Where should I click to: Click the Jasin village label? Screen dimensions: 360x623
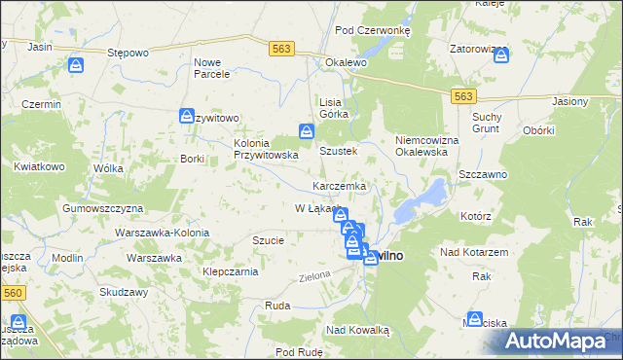(x=40, y=46)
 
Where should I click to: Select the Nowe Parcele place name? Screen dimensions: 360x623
(x=211, y=67)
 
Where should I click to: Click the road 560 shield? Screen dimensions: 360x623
(x=11, y=291)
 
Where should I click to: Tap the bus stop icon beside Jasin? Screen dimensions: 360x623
(x=76, y=65)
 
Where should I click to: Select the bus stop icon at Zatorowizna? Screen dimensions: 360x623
(x=500, y=54)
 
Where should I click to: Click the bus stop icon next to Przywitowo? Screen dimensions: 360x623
(x=186, y=117)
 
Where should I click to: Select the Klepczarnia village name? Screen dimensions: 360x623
(x=230, y=271)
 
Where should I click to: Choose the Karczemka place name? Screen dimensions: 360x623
(x=339, y=185)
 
